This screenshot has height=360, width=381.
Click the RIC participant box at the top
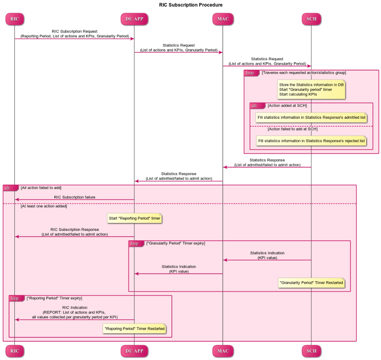pyautogui.click(x=15, y=19)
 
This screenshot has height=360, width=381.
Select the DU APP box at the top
pyautogui.click(x=134, y=19)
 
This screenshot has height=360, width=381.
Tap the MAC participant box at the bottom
pyautogui.click(x=223, y=351)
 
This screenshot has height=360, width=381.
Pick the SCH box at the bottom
pyautogui.click(x=311, y=351)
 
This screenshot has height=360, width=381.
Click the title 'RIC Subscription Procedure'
pyautogui.click(x=191, y=5)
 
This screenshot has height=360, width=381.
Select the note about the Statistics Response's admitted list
pyautogui.click(x=311, y=118)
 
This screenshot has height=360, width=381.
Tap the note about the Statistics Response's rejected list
pyautogui.click(x=311, y=141)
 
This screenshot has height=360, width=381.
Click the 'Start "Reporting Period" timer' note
pyautogui.click(x=135, y=218)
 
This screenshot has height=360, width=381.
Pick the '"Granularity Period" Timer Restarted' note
pyautogui.click(x=311, y=283)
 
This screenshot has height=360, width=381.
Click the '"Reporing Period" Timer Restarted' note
pyautogui.click(x=134, y=329)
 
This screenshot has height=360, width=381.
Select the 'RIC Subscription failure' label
pyautogui.click(x=75, y=197)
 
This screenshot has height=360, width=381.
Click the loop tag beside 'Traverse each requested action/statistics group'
pyautogui.click(x=252, y=73)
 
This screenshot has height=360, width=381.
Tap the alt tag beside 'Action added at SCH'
pyautogui.click(x=257, y=106)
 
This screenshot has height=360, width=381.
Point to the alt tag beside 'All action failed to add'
pyautogui.click(x=11, y=188)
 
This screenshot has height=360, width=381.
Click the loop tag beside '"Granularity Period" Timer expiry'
pyautogui.click(x=136, y=243)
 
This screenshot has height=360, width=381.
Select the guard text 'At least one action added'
pyautogui.click(x=44, y=206)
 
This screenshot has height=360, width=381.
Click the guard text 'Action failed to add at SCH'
pyautogui.click(x=292, y=129)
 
